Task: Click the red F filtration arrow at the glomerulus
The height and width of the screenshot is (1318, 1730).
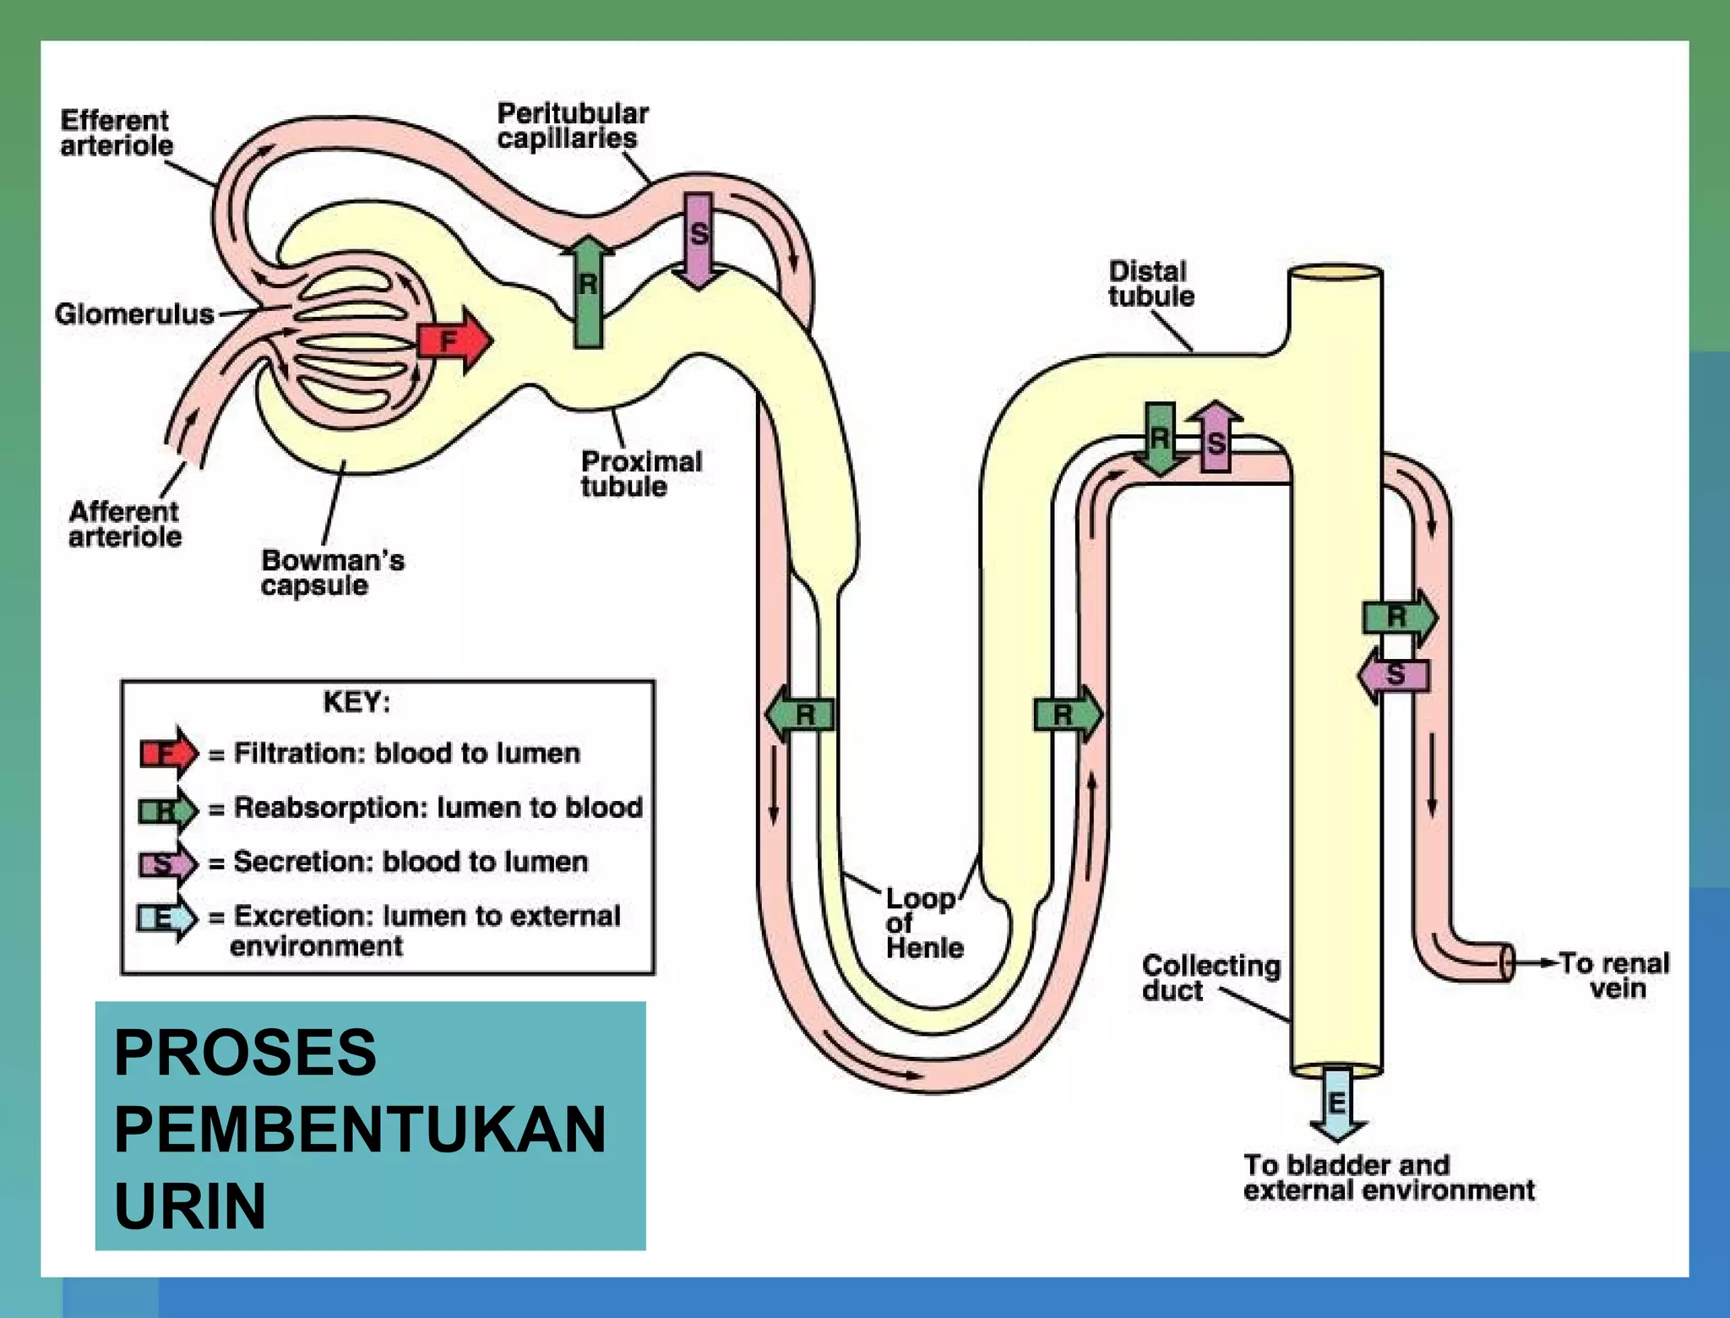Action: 454,341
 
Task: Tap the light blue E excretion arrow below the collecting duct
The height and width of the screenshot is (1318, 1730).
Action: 1337,1103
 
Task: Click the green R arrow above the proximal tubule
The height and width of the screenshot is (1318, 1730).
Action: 588,291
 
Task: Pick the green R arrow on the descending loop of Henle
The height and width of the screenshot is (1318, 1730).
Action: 801,715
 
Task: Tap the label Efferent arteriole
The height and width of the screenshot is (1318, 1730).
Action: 116,133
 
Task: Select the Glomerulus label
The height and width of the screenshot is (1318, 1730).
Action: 134,314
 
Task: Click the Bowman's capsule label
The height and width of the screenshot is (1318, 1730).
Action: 332,573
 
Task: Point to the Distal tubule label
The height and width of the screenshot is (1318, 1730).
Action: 1151,284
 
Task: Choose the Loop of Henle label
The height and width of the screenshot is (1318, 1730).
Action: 922,923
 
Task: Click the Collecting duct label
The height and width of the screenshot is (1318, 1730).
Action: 1210,978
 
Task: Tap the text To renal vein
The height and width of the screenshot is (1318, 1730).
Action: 1613,976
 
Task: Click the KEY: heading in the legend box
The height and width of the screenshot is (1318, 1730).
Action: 356,702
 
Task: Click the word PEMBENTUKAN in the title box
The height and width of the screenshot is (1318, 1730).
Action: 360,1129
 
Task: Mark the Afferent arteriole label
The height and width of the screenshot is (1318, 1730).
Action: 124,524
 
